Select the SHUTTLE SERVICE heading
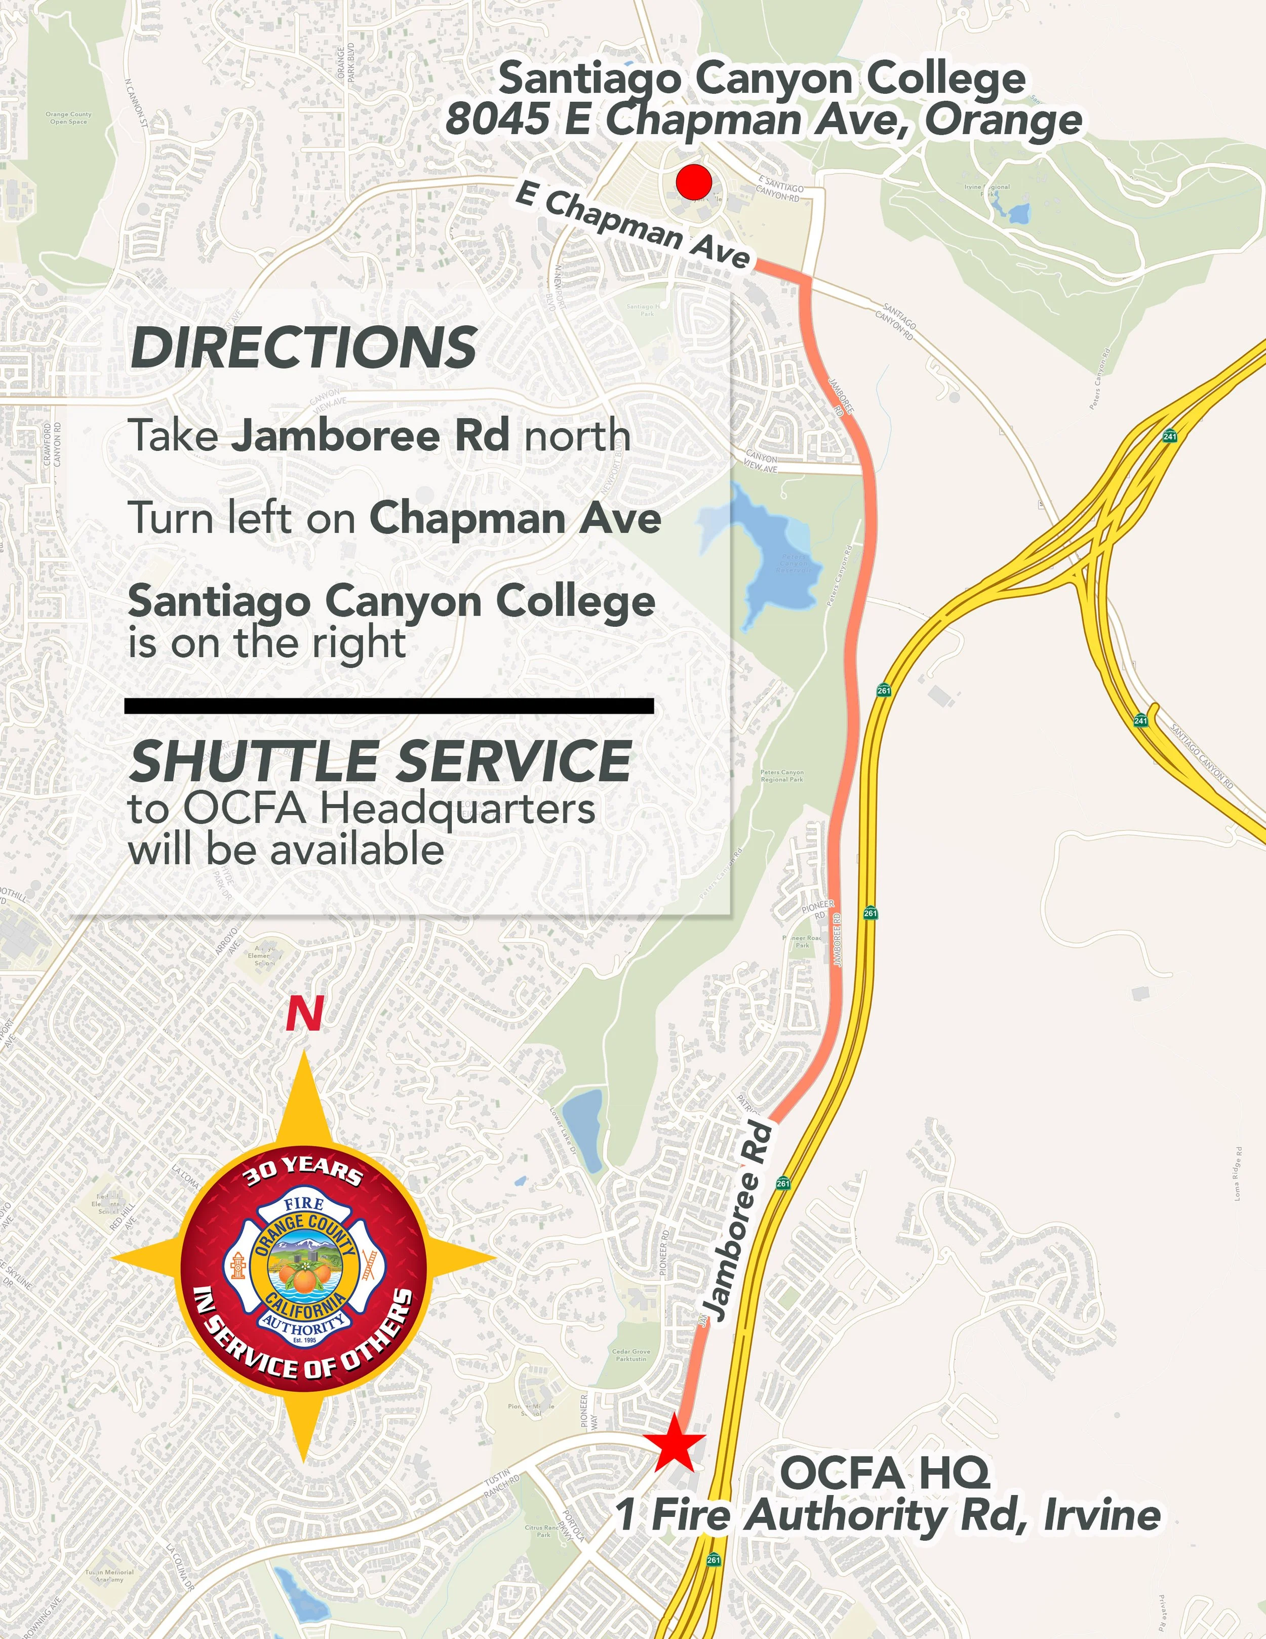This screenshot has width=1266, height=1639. pos(381,761)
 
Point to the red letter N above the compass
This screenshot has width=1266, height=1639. pos(304,1015)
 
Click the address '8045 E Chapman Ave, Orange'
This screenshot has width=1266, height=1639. pos(764,120)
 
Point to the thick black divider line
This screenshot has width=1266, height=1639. pos(388,705)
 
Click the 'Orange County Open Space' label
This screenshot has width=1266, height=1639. pos(68,118)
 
